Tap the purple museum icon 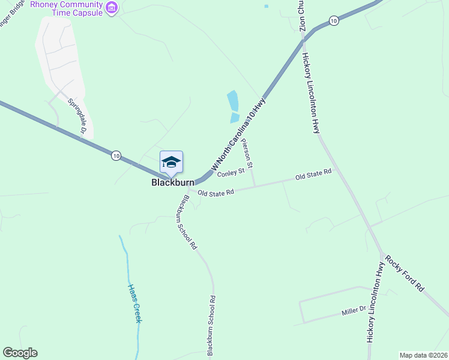point(112,7)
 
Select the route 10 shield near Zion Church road point(334,20)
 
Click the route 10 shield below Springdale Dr point(116,156)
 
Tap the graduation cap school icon point(171,161)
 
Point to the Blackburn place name point(172,182)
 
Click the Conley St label point(231,173)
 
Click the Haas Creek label point(134,303)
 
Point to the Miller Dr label point(354,310)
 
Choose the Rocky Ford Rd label point(405,274)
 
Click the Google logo point(20,353)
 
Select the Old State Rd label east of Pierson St point(313,176)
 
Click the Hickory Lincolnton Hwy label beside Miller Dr point(375,302)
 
